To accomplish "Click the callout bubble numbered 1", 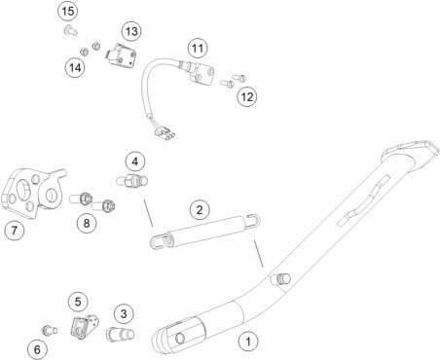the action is click(248, 342).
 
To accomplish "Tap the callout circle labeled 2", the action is click(200, 209).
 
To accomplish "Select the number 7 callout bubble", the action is click(15, 231).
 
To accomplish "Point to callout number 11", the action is click(198, 49).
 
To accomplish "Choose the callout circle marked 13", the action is click(131, 31).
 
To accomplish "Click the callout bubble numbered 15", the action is click(68, 12).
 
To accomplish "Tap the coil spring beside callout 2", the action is click(205, 232).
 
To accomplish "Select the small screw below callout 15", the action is click(70, 30).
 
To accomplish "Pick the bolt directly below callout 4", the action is click(132, 180).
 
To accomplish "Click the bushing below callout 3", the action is click(120, 335).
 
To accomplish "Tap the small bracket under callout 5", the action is click(85, 327).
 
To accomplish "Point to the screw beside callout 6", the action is click(50, 330).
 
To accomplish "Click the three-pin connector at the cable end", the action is click(165, 133).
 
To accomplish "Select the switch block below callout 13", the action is click(121, 56).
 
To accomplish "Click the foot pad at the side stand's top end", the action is click(411, 156).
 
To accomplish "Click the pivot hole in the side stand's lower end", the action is click(180, 339).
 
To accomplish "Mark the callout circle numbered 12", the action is click(247, 96).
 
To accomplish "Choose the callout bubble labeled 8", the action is click(87, 223).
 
